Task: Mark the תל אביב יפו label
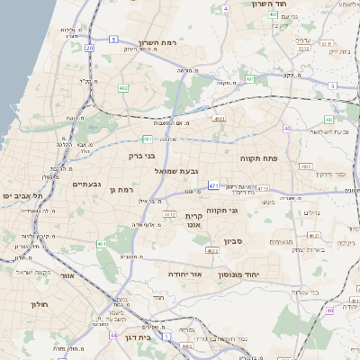pyautogui.click(x=20, y=195)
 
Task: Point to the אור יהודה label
pyautogui.click(x=187, y=274)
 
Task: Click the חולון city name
pyautogui.click(x=39, y=304)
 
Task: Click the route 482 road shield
pyautogui.click(x=123, y=88)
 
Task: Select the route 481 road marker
pyautogui.click(x=148, y=139)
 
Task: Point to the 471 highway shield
pyautogui.click(x=213, y=186)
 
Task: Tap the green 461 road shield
pyautogui.click(x=103, y=244)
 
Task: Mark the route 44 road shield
pyautogui.click(x=114, y=335)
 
